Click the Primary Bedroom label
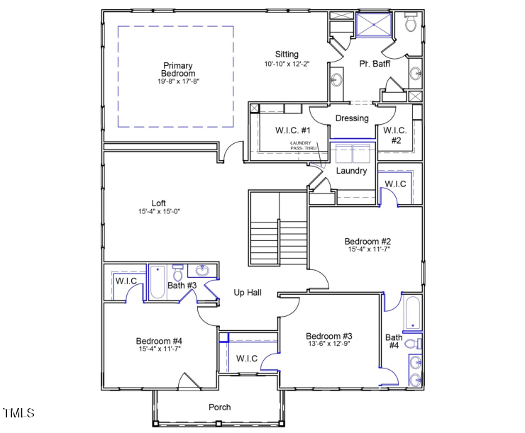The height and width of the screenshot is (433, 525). [x=177, y=69]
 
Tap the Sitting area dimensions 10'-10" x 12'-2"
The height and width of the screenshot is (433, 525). [x=287, y=64]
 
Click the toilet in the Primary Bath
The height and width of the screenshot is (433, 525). [x=411, y=24]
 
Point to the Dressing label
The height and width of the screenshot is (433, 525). [x=352, y=118]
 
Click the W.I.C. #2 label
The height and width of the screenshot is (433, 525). [x=396, y=135]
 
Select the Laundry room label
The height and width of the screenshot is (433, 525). [x=351, y=171]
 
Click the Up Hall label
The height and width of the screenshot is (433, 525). [x=249, y=292]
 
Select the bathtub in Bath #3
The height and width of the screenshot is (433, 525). [x=157, y=283]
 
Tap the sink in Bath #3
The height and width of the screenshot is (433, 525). [x=201, y=271]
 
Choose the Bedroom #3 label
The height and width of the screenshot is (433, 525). [x=329, y=336]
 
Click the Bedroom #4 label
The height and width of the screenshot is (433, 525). [x=160, y=342]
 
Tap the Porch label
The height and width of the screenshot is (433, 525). [x=219, y=407]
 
